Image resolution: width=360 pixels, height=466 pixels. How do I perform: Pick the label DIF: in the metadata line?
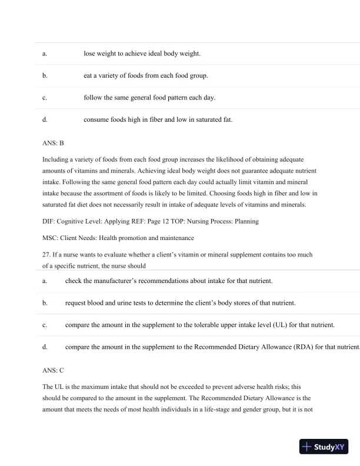point(49,221)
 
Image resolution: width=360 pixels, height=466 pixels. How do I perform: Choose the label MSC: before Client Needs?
point(51,238)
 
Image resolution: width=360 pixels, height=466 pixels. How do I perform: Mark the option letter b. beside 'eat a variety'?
point(45,76)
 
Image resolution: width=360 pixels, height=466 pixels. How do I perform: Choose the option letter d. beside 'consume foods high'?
point(45,120)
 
